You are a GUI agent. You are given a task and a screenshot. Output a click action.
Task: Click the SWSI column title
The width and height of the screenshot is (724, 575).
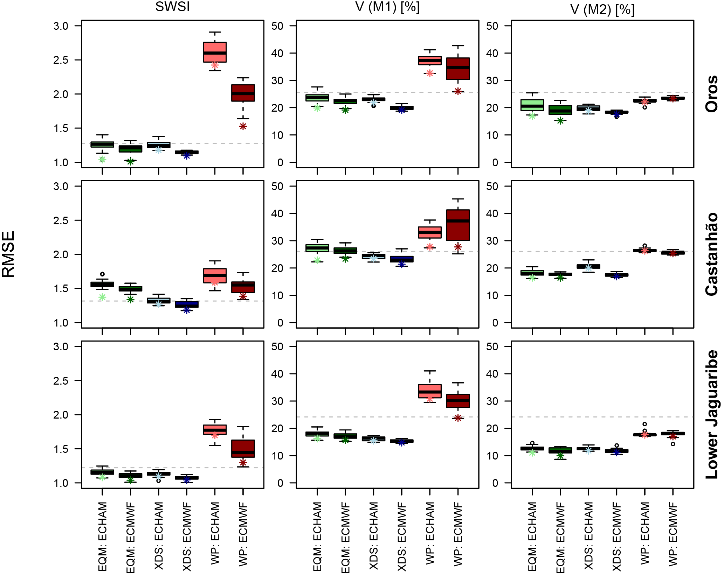click(172, 7)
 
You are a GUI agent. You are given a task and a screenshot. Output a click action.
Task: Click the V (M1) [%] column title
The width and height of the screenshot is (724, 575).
click(387, 7)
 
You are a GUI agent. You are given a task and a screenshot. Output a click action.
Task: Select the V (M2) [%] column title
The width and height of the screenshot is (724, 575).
click(602, 9)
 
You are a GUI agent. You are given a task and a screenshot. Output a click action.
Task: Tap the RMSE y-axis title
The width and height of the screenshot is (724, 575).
click(8, 254)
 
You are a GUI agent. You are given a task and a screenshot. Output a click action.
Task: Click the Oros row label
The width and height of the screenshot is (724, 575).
click(711, 94)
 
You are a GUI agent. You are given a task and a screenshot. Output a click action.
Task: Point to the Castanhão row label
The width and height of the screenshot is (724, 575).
click(711, 254)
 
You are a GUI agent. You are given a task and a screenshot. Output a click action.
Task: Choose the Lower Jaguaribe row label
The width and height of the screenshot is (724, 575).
click(711, 414)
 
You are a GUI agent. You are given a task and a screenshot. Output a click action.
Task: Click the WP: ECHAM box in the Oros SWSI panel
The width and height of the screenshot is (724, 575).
click(215, 52)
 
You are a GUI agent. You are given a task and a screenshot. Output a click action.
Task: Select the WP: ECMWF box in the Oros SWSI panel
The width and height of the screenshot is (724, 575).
click(243, 93)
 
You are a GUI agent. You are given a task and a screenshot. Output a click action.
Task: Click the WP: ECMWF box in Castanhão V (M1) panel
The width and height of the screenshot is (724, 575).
click(458, 225)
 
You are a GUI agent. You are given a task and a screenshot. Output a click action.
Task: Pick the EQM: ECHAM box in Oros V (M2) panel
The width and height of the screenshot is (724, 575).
click(532, 105)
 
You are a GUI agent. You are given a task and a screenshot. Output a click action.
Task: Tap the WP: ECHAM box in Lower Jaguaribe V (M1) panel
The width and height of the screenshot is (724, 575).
click(430, 391)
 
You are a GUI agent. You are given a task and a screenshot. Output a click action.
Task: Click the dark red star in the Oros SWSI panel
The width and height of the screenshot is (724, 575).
click(243, 126)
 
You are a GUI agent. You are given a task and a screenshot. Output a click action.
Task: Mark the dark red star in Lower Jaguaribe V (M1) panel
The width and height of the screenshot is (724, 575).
click(458, 418)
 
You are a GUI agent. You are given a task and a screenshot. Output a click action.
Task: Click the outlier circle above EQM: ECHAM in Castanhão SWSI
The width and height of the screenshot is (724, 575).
click(102, 274)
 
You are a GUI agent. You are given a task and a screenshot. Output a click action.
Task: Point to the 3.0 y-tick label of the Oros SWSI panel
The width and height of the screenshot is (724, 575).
click(61, 26)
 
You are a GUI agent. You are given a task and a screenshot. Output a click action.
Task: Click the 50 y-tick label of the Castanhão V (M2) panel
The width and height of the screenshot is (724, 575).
click(492, 187)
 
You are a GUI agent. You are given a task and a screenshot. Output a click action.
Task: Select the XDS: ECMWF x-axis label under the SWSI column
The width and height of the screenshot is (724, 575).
click(187, 536)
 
